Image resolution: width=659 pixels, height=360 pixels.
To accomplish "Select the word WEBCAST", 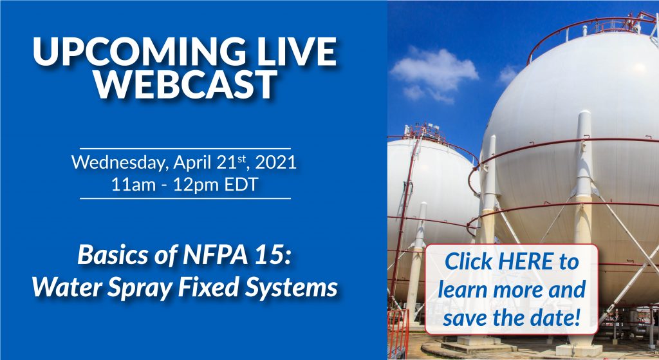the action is [x=185, y=84].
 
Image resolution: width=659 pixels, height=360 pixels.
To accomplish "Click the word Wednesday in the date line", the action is [x=120, y=162].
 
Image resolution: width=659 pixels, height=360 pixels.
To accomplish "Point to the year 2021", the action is [x=275, y=162].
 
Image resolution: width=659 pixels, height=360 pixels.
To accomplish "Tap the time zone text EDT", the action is [x=241, y=185].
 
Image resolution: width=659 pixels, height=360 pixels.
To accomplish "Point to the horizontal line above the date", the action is [x=185, y=149].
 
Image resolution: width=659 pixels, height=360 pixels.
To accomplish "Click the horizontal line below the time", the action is [x=185, y=198].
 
